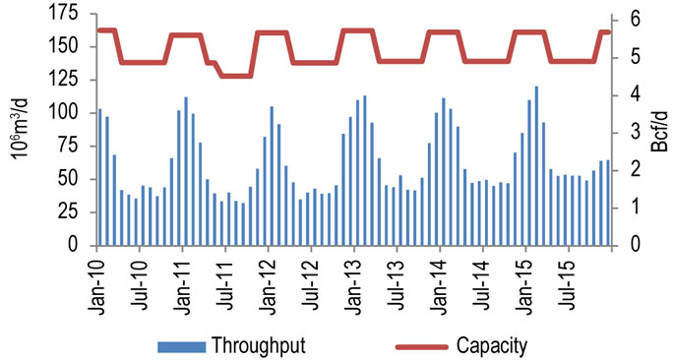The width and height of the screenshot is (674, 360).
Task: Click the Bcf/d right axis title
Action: pos(660,131)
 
